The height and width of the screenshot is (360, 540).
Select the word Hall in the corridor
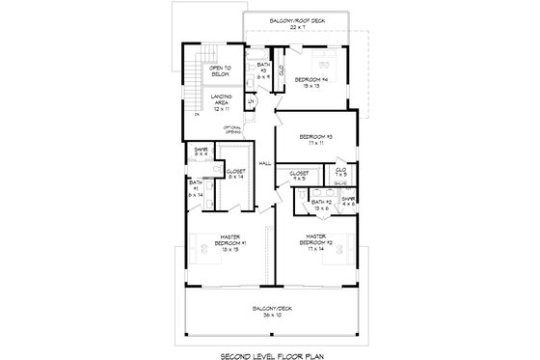(265, 164)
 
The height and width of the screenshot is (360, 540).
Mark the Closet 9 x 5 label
(300, 175)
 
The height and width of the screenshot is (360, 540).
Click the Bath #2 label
(321, 204)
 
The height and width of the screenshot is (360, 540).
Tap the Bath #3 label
(263, 69)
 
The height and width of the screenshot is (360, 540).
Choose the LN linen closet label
(252, 101)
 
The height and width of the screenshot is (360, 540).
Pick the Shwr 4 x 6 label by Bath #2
(348, 202)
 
